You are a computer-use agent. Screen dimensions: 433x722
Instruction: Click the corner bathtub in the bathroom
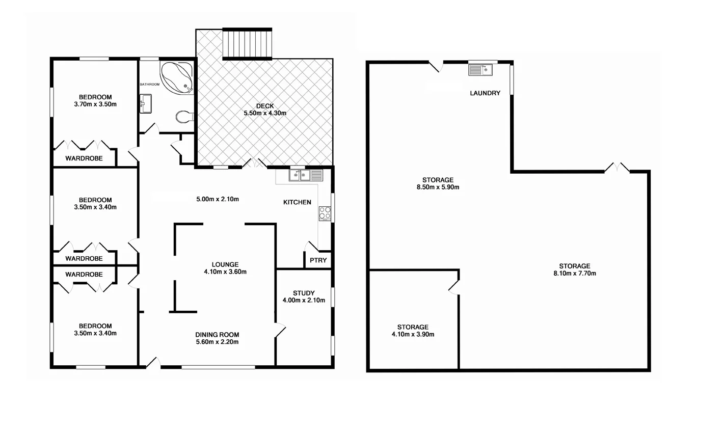point(177,77)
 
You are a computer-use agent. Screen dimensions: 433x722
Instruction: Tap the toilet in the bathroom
point(184,117)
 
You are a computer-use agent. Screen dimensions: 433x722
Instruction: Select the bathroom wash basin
point(145,103)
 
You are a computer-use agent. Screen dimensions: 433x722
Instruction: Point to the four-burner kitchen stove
point(325,213)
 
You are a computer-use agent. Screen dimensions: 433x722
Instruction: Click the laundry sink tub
point(480,69)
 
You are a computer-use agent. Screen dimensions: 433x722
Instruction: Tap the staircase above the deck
point(248,44)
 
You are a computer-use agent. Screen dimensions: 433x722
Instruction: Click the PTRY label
point(318,260)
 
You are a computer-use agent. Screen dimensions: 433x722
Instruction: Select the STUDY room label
point(304,293)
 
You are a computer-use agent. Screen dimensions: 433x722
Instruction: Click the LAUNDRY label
point(485,93)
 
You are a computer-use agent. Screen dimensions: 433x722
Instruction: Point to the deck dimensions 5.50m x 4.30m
point(265,113)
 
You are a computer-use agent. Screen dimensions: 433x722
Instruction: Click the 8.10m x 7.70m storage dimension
point(575,273)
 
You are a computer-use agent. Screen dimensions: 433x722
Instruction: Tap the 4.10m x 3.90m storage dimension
point(413,334)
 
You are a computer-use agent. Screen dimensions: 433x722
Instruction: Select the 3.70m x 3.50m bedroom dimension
point(95,104)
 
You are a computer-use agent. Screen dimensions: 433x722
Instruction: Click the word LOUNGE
point(225,264)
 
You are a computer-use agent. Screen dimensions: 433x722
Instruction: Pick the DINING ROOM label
point(217,335)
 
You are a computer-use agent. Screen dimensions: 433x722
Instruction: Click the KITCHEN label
point(297,202)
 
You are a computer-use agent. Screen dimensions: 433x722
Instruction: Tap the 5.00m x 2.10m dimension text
point(218,199)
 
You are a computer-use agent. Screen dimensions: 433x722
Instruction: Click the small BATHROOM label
point(150,84)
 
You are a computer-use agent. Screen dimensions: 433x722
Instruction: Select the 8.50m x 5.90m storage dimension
point(438,187)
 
